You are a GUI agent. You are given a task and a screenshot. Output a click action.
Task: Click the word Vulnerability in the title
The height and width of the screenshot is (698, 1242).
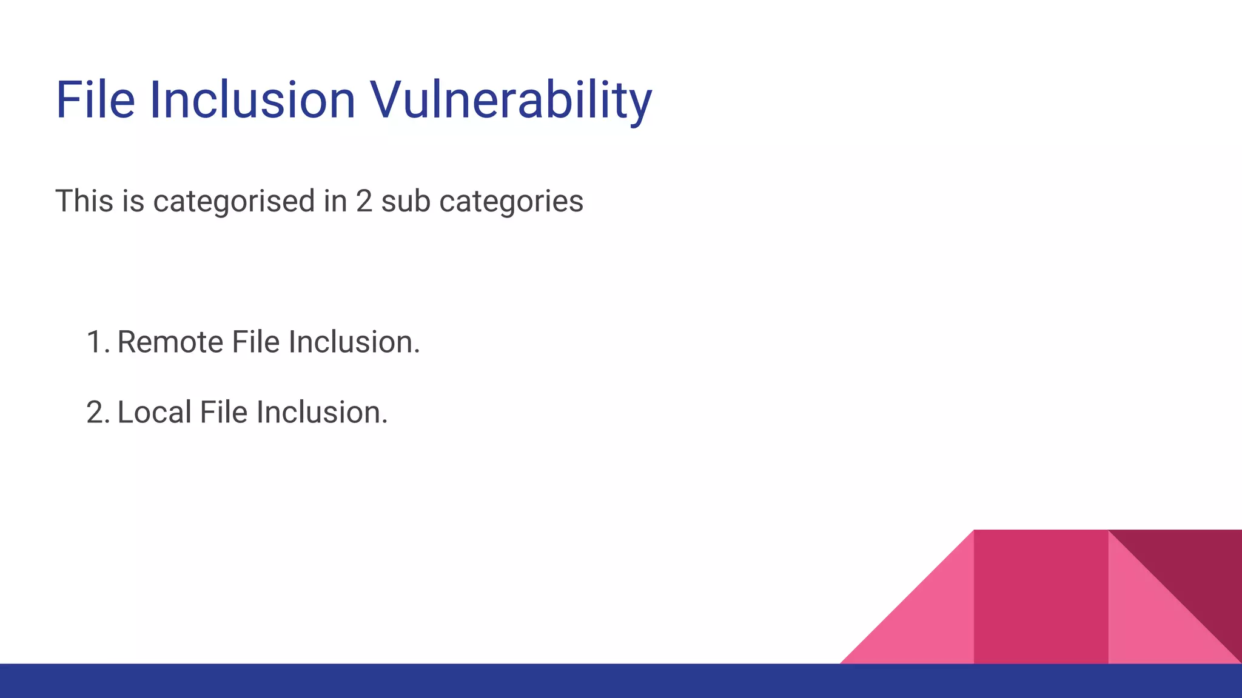(511, 100)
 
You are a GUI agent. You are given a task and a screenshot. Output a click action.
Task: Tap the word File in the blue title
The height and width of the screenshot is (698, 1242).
(95, 100)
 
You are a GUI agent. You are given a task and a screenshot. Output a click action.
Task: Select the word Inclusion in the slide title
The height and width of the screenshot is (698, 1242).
(252, 100)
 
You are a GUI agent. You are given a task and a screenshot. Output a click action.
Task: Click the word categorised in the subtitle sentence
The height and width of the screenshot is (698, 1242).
(233, 201)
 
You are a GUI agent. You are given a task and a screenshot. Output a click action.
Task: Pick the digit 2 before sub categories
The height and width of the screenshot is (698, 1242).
(364, 201)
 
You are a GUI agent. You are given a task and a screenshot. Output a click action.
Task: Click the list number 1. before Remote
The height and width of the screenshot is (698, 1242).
(98, 342)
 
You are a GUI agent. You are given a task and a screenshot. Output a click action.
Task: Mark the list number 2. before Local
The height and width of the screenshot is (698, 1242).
(98, 413)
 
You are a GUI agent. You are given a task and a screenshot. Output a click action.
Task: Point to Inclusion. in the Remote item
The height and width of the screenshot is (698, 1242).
(354, 342)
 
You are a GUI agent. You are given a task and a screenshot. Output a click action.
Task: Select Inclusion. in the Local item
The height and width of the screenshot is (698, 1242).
(322, 413)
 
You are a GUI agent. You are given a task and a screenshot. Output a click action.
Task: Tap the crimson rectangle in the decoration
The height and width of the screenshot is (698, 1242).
(1041, 597)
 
